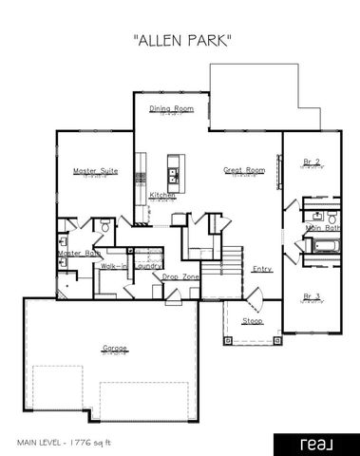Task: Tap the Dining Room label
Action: pos(172,108)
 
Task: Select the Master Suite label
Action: pos(92,171)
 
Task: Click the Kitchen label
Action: pos(162,196)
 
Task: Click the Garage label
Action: pos(115,349)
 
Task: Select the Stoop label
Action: pos(253,321)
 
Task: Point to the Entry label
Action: pos(262,269)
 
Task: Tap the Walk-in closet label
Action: pos(115,268)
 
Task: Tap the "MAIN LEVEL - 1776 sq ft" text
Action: pos(65,442)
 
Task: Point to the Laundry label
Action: pos(146,267)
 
